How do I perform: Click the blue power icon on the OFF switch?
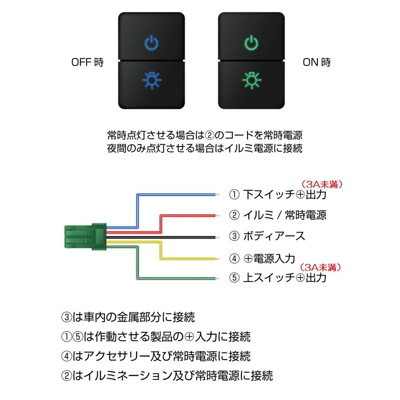(x=152, y=43)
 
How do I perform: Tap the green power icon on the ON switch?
(x=252, y=43)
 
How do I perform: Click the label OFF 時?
(x=87, y=63)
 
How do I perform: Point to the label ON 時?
(x=316, y=63)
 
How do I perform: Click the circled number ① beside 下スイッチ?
(x=234, y=195)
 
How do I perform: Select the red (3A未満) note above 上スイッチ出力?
(x=321, y=267)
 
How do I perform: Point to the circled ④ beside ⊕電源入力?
(x=234, y=258)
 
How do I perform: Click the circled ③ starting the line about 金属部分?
(x=66, y=317)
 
